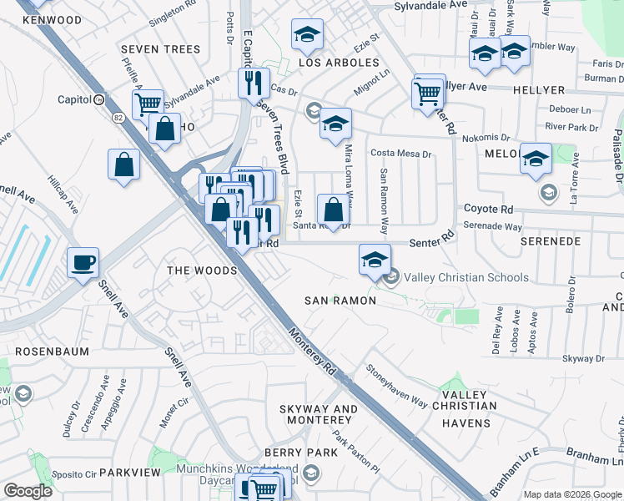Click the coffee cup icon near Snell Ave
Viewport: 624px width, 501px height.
[83, 262]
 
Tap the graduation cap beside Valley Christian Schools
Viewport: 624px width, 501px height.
[375, 260]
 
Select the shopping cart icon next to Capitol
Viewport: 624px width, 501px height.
[148, 104]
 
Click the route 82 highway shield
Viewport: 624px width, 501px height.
[98, 99]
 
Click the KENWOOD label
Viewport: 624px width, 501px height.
[53, 20]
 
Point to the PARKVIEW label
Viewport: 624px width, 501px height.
[129, 473]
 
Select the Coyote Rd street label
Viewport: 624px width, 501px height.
[488, 209]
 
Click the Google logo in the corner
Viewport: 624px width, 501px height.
[28, 491]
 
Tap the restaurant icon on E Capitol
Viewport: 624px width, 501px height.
[253, 83]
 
